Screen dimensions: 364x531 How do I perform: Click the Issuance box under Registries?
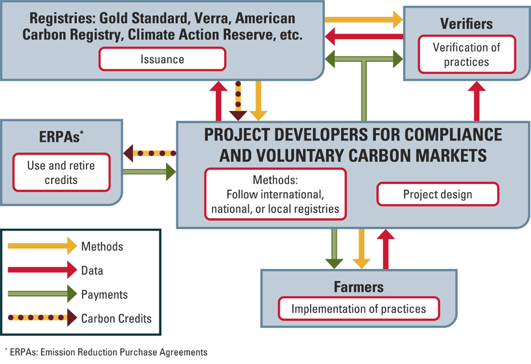(x=162, y=59)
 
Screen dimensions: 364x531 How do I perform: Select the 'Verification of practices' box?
(x=467, y=55)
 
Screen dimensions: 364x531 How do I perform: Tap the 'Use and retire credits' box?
(x=61, y=173)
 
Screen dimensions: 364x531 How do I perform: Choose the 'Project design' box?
(x=437, y=195)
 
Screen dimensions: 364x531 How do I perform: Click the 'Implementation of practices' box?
(x=359, y=308)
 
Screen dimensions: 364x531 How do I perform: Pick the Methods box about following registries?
(x=276, y=195)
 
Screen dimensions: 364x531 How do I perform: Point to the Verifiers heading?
(x=466, y=24)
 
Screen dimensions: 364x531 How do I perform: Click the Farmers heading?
(x=359, y=287)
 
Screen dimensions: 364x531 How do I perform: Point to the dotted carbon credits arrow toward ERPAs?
(x=150, y=154)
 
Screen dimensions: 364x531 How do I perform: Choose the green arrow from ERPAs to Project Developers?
(x=150, y=171)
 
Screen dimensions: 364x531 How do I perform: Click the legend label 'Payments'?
(x=104, y=294)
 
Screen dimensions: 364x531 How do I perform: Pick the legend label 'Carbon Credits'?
(x=116, y=318)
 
